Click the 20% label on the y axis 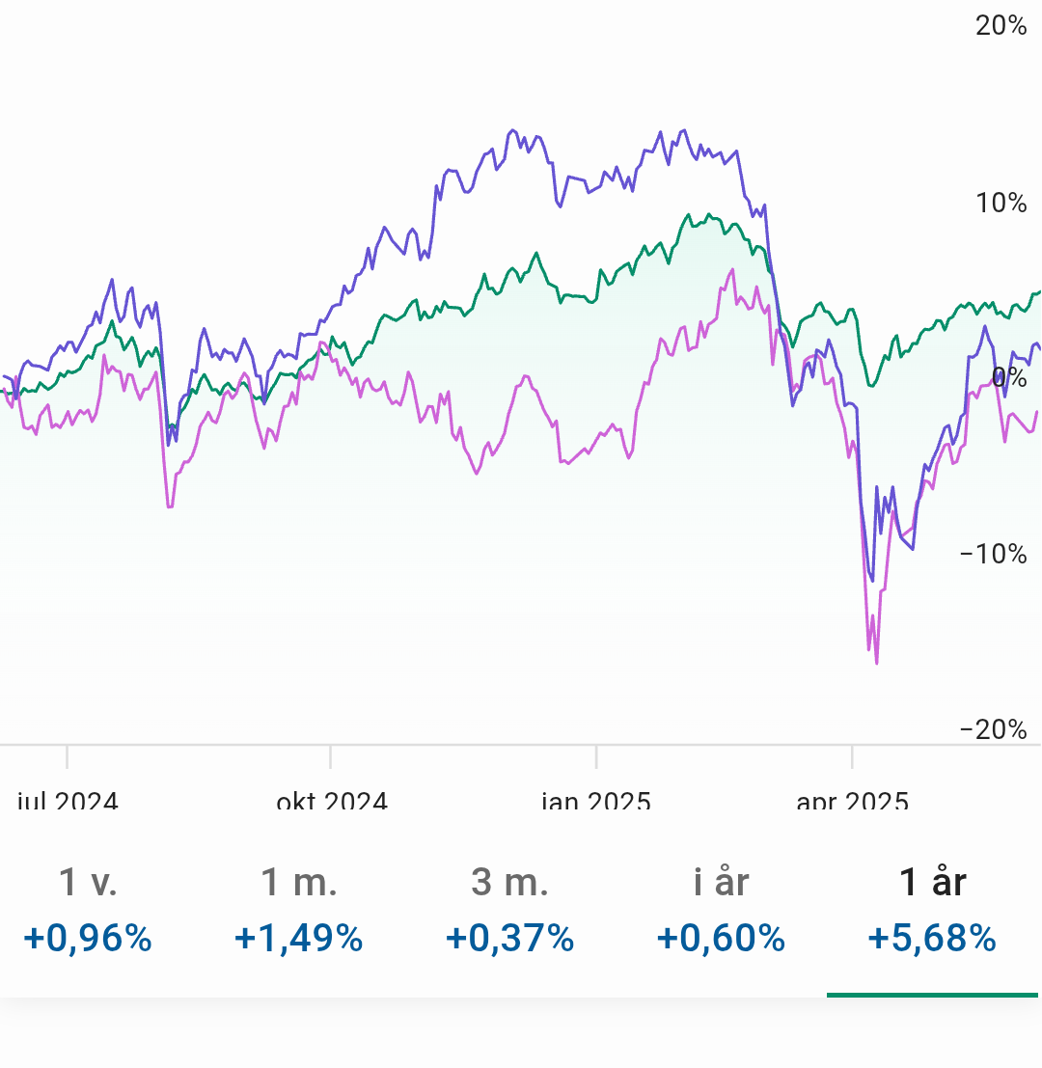pos(1001,26)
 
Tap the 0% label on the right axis pos(1010,376)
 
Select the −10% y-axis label pos(994,553)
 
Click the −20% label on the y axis pos(994,729)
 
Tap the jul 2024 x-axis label pos(68,801)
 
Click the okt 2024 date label pos(331,801)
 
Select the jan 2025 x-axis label pos(595,801)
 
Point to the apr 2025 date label pos(852,801)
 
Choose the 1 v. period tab pos(88,882)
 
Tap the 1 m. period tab pos(298,882)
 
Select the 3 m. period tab pos(509,882)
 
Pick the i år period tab pos(721,882)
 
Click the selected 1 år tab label pos(932,882)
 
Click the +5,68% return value pos(932,938)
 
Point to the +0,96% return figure pos(88,938)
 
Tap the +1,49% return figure pos(298,938)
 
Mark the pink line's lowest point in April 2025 pos(876,663)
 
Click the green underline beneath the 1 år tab pos(932,995)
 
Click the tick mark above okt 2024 pos(330,756)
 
